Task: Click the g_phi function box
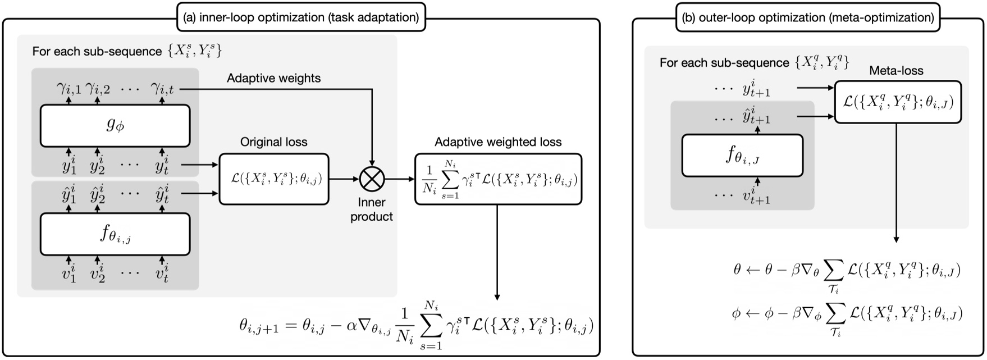point(115,125)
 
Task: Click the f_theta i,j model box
point(115,234)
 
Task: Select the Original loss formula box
point(273,179)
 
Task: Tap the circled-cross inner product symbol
point(371,180)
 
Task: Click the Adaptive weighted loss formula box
point(498,179)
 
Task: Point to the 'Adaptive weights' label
point(273,78)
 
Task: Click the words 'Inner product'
point(371,209)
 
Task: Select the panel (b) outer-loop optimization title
point(807,17)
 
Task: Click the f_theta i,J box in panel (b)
point(742,156)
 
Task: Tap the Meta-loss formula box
point(898,102)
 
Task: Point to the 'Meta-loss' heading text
point(896,71)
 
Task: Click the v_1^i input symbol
point(68,275)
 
